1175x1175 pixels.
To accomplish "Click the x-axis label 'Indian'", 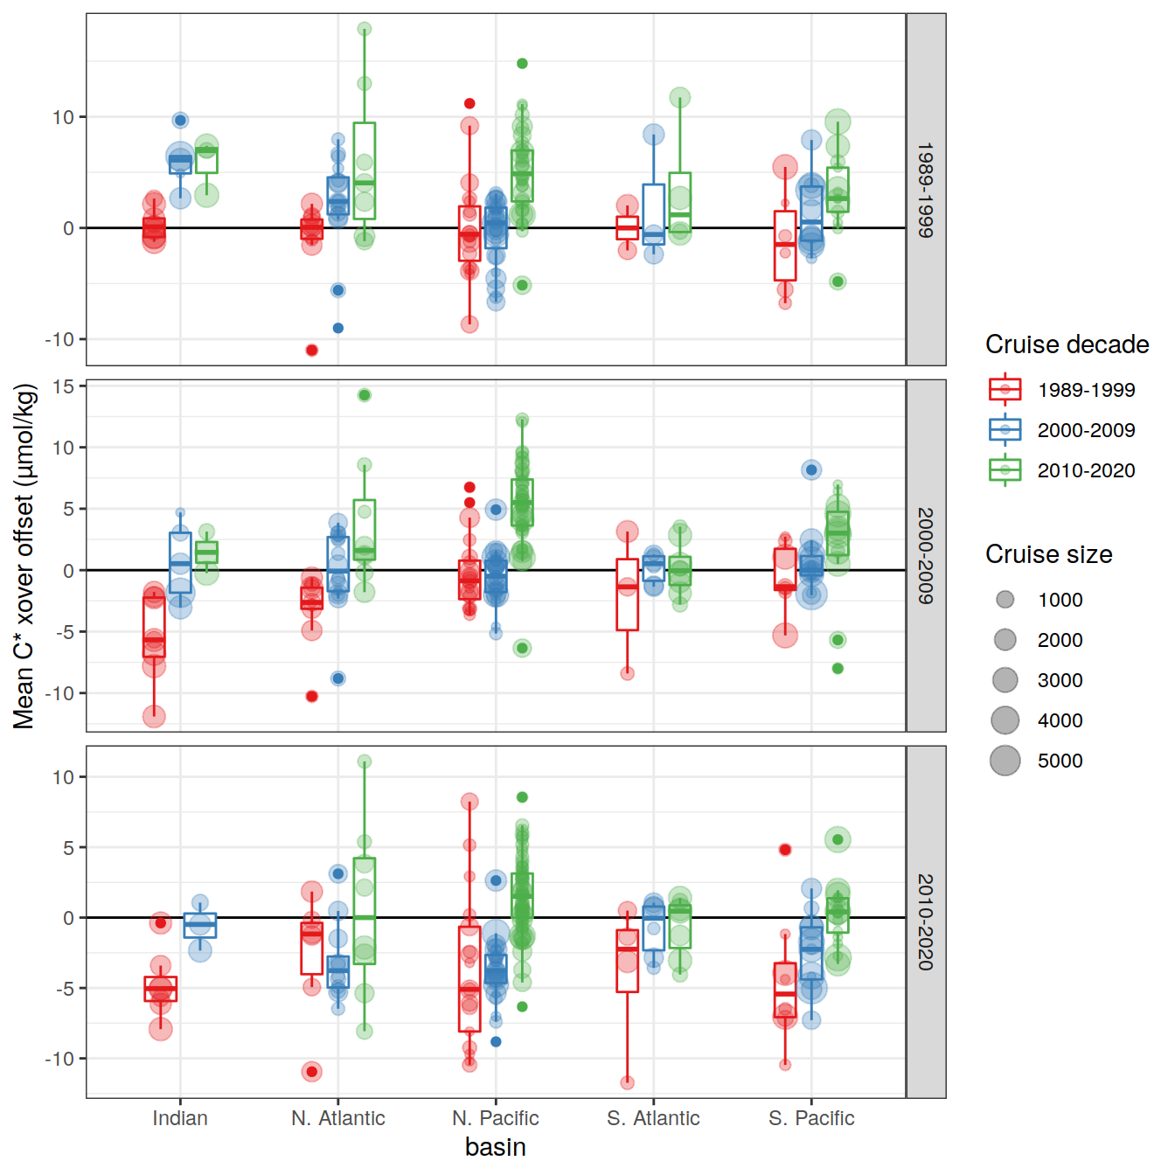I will pos(180,1118).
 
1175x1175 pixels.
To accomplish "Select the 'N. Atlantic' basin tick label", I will pos(338,1118).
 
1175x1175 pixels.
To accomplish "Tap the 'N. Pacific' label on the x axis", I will pos(496,1118).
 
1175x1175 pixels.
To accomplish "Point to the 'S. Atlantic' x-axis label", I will pos(654,1118).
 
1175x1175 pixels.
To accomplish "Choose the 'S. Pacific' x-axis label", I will pos(811,1118).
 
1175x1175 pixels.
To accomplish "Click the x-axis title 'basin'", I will pos(496,1147).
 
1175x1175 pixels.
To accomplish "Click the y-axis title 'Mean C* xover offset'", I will pos(24,556).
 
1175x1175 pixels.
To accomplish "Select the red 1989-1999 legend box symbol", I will pos(1005,390).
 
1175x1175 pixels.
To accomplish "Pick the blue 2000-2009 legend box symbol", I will pos(1005,430).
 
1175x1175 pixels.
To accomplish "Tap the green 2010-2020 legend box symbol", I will pos(1005,470).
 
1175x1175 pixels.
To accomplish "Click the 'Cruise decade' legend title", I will pos(1067,344).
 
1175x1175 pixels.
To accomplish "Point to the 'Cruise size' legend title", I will pos(1048,554).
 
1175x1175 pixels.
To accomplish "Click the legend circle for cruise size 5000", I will pos(1005,761).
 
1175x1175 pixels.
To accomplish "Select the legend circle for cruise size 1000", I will pos(1005,600).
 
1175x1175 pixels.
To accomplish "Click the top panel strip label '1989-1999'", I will pos(926,190).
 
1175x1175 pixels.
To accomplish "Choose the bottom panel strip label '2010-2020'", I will pos(926,921).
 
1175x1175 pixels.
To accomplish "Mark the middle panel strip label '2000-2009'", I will pos(926,556).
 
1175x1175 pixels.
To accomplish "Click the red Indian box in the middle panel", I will pos(154,626).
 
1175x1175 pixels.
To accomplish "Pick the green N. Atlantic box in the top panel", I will pos(365,170).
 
